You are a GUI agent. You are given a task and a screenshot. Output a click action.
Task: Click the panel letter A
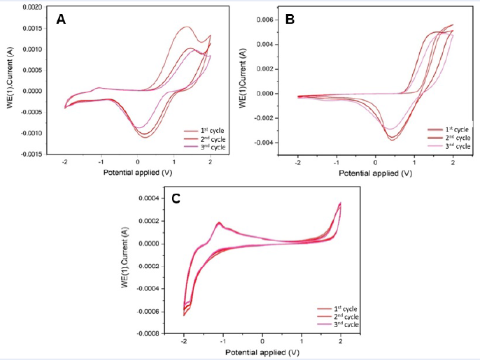click(61, 20)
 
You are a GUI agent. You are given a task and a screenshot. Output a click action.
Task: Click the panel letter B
click(290, 20)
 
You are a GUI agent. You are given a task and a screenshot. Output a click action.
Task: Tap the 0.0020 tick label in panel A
click(34, 7)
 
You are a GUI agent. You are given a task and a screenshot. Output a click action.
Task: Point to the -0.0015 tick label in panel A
click(32, 154)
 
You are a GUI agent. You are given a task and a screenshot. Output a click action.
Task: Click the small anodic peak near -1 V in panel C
click(220, 224)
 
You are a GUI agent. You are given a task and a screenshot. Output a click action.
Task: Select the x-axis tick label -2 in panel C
click(183, 342)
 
